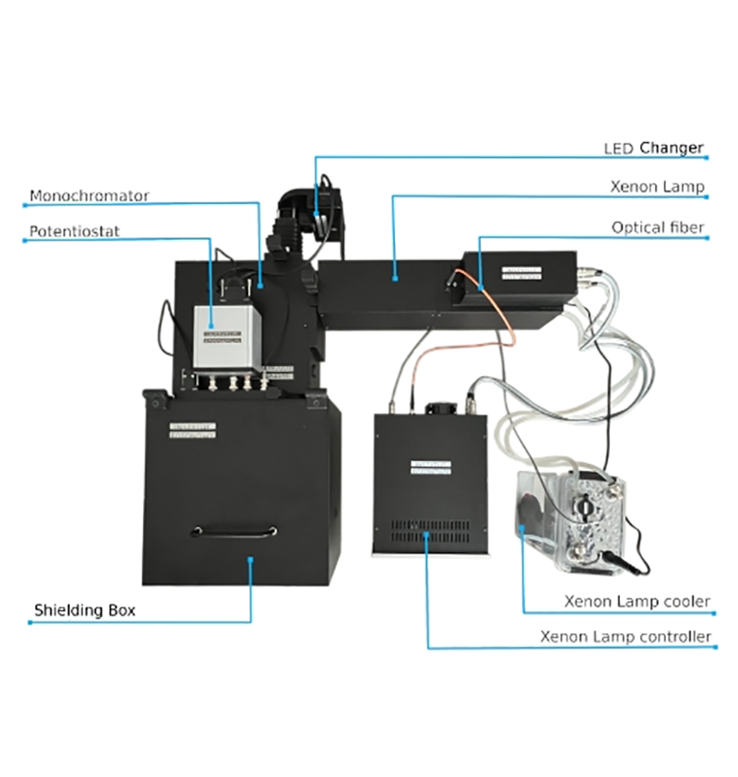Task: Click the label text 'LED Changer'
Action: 653,147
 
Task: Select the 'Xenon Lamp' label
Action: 657,187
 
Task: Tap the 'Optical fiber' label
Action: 658,227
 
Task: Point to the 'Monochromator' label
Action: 89,196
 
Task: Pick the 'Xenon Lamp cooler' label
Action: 637,602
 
